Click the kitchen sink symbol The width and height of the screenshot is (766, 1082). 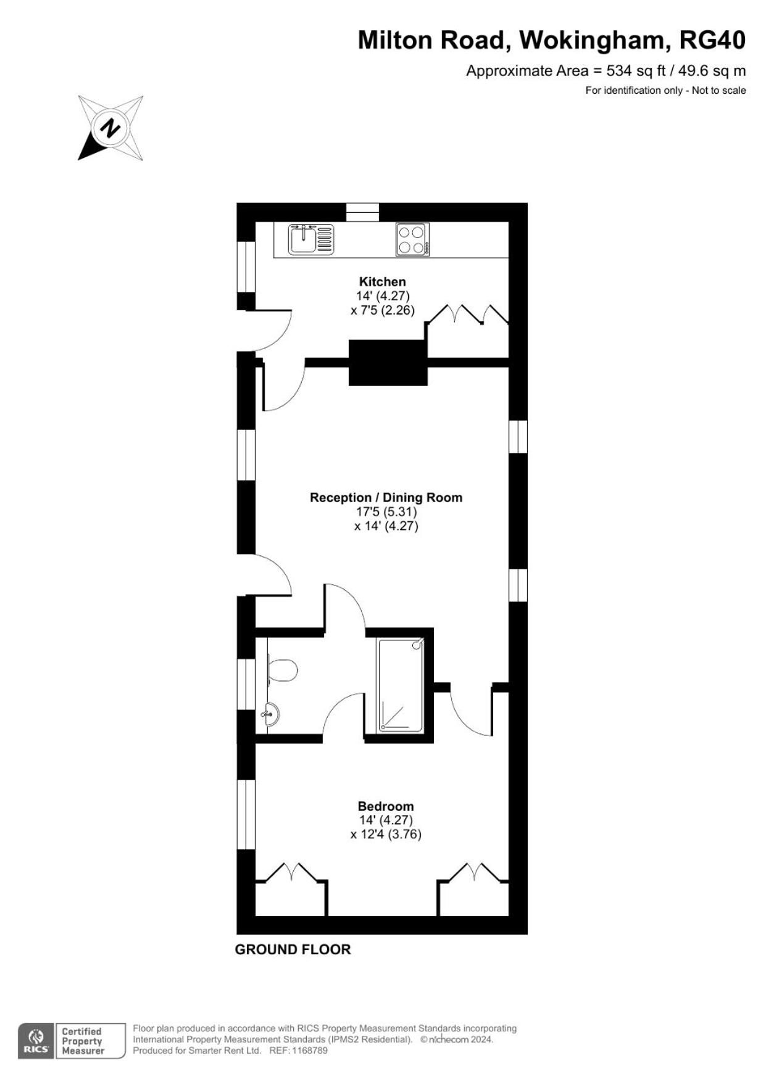[310, 239]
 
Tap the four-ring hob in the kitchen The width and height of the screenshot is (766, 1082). [412, 239]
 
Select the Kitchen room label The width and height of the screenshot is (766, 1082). [383, 282]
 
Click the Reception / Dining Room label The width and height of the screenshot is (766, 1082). [386, 497]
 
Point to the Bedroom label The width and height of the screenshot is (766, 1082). [386, 806]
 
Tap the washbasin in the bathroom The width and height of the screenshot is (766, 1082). [272, 714]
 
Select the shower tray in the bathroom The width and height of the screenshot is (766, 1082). [401, 685]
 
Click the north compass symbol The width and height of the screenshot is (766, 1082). [110, 128]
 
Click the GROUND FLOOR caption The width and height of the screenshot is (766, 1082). [293, 949]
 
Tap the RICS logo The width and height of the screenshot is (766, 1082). [36, 1041]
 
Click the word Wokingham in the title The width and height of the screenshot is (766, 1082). [593, 41]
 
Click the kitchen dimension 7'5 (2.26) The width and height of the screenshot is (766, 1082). [383, 310]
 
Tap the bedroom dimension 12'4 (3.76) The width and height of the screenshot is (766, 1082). [386, 834]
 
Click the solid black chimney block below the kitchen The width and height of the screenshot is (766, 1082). [388, 363]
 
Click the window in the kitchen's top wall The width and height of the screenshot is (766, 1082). [362, 212]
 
